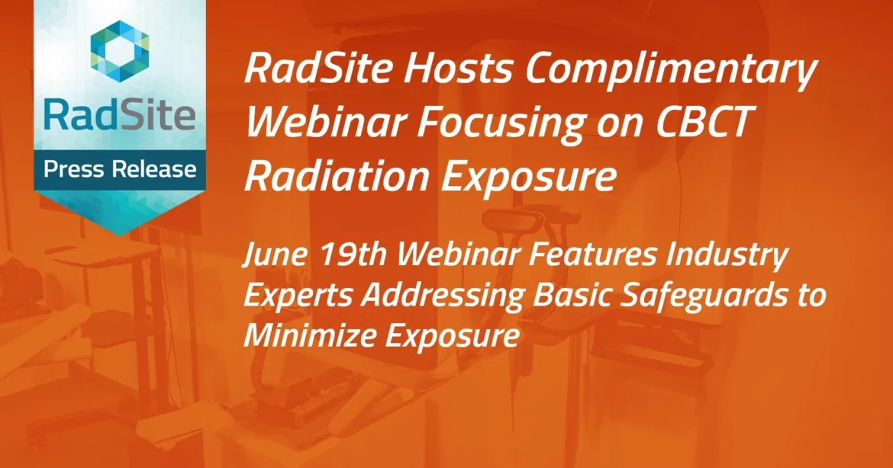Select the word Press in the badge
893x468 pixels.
coord(76,170)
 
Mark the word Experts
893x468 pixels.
coord(293,297)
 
